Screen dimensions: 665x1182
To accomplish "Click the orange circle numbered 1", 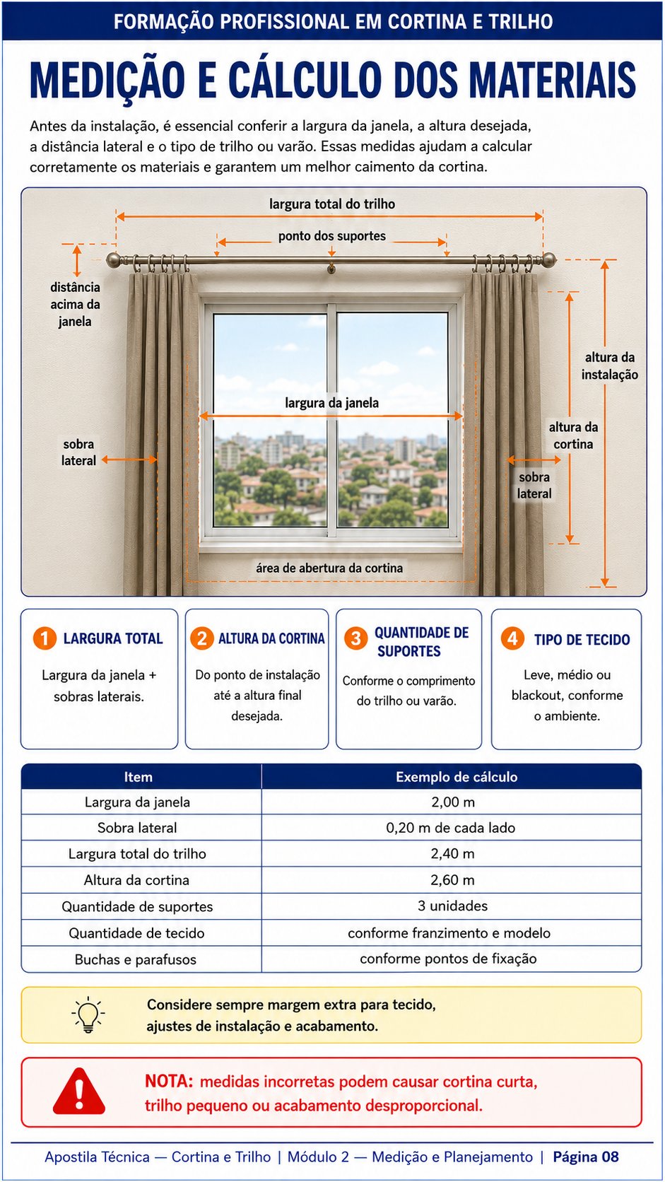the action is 45,638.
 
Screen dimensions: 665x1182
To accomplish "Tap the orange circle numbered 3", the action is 356,638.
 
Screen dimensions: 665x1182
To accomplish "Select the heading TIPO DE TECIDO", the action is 582,640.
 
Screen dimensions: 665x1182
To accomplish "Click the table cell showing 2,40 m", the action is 452,853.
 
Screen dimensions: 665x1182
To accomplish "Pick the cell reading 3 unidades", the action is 452,906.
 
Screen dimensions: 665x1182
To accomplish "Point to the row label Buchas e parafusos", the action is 136,959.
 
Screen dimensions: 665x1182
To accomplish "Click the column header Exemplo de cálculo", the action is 457,777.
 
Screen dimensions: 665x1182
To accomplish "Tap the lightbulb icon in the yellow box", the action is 88,1014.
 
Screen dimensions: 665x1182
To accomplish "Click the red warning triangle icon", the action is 79,1092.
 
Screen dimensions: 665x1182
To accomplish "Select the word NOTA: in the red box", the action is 169,1081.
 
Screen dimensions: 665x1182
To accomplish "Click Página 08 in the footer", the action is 585,1157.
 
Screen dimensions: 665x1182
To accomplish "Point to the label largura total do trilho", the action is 332,204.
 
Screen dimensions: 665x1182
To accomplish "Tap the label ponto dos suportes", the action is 332,236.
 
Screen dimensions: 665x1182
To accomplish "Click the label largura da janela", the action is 331,403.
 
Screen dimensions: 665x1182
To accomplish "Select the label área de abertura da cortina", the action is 329,568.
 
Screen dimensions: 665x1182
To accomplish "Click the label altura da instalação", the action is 610,365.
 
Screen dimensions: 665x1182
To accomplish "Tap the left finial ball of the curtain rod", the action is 113,259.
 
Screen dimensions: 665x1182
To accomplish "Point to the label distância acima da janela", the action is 75,304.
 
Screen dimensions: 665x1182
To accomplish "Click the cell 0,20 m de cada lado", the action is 450,827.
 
